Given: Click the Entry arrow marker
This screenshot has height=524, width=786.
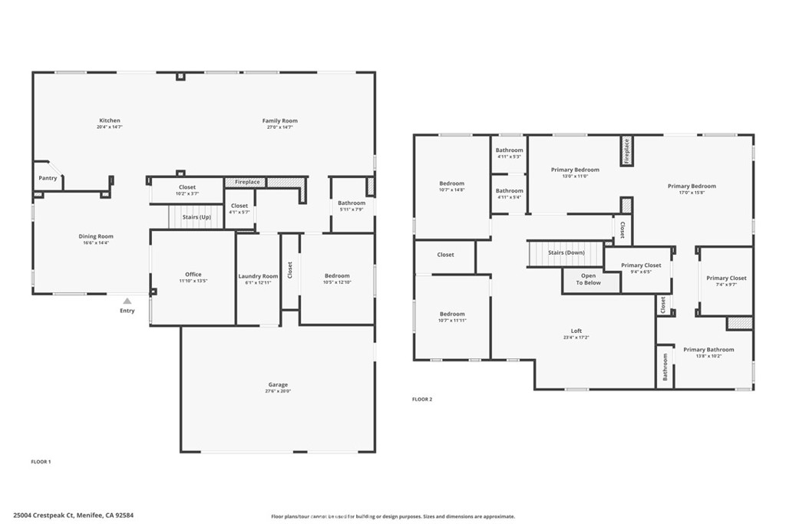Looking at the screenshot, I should [127, 302].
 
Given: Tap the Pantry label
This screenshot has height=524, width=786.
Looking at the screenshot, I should [48, 178].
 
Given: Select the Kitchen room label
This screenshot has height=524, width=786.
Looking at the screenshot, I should [110, 120].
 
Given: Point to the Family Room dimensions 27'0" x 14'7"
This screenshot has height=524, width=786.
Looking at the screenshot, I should [279, 127].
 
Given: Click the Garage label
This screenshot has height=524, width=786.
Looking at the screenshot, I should [278, 384].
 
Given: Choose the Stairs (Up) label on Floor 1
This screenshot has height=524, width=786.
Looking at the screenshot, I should [196, 217].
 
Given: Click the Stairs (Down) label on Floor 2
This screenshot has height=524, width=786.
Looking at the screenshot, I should [566, 252].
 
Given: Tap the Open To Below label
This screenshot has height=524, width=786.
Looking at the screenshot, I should [589, 279].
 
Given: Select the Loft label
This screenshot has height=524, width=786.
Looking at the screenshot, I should [576, 331].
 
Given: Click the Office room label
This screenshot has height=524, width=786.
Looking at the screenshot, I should [193, 274].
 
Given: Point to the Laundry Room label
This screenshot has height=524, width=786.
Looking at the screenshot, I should [258, 276].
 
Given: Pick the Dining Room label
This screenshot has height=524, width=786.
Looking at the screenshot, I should [96, 236].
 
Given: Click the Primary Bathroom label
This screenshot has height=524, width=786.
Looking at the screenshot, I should [708, 350].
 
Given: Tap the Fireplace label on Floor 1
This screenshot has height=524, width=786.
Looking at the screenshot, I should [247, 183].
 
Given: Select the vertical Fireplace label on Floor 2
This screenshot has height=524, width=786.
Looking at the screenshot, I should [626, 151].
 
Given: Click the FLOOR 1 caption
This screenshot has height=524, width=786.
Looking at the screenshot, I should [40, 462].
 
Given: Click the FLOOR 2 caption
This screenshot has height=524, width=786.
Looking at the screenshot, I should [422, 399].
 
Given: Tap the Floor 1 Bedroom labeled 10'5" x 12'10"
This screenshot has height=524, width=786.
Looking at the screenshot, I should [337, 276].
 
